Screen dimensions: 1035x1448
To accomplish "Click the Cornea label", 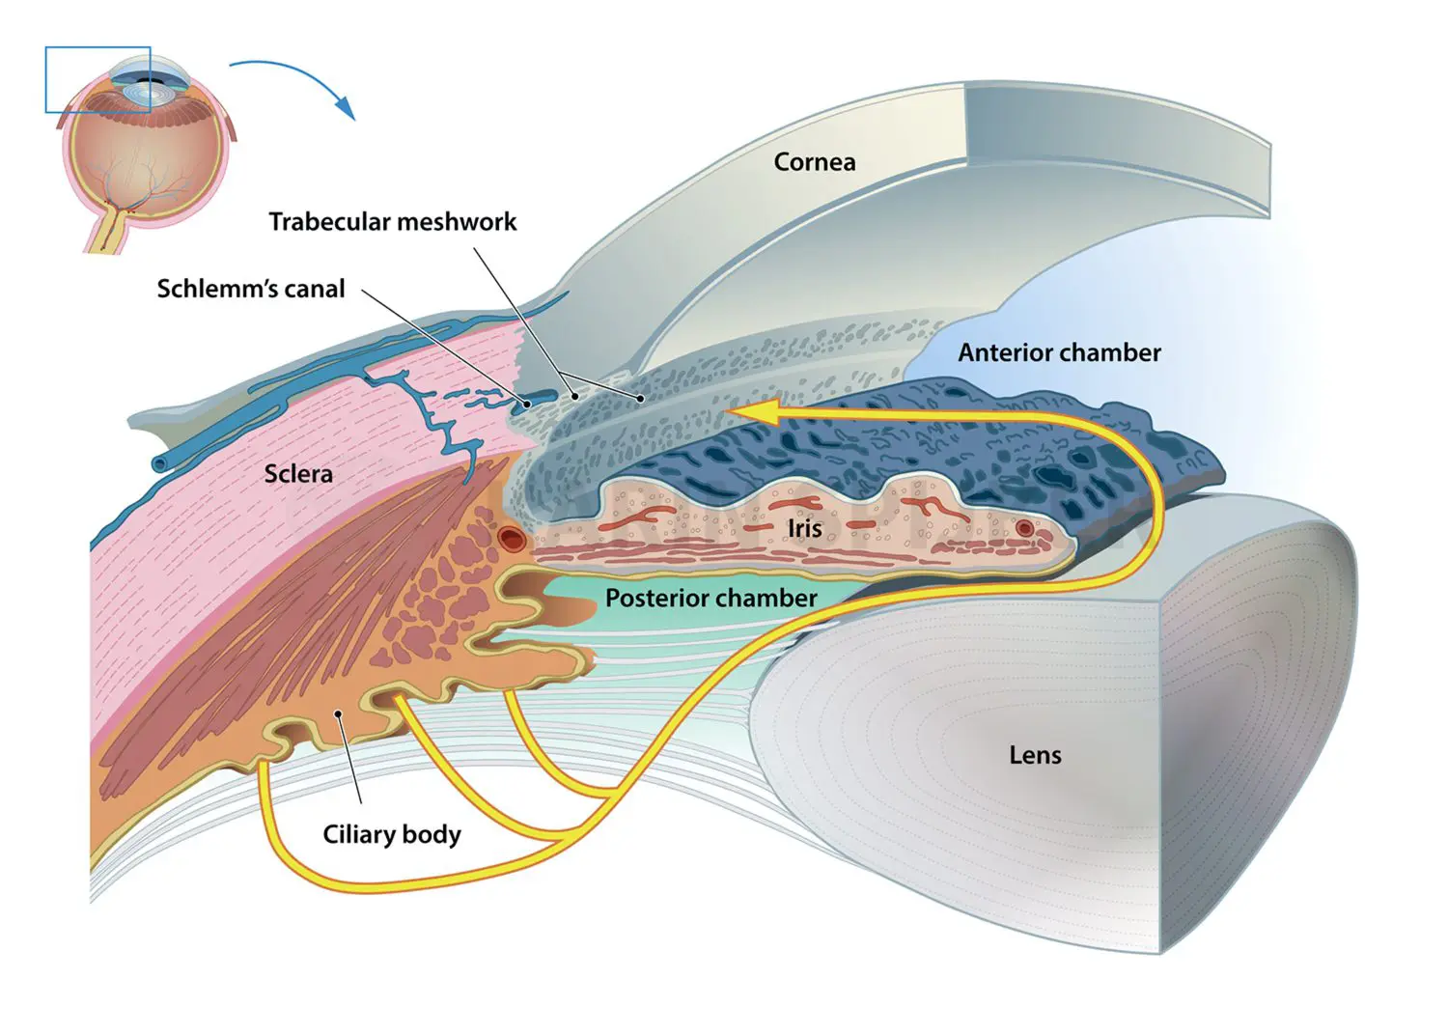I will (x=814, y=162).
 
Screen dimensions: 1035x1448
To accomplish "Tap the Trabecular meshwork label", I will (x=392, y=222).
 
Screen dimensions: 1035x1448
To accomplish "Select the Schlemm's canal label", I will (x=250, y=289).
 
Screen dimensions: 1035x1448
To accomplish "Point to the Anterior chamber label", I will (x=1059, y=353).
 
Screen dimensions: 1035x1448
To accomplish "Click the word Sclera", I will (x=298, y=474).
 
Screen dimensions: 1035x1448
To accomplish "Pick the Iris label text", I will (x=804, y=529).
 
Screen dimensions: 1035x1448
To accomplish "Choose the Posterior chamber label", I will (x=710, y=599).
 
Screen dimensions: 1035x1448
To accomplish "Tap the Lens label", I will (x=1035, y=755).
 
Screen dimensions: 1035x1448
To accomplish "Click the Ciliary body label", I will (x=391, y=834).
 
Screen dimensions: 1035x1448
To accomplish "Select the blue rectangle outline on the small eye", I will (x=97, y=48).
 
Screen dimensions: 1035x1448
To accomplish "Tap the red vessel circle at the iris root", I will (x=511, y=538).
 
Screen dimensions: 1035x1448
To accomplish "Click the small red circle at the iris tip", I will (x=1024, y=528).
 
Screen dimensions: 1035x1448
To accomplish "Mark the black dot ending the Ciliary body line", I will (x=339, y=714).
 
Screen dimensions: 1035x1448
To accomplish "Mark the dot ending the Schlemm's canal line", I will (x=527, y=404).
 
